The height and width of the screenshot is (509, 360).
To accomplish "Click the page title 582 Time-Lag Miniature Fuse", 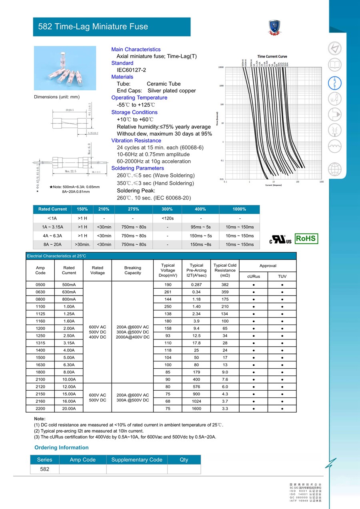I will click(93, 27).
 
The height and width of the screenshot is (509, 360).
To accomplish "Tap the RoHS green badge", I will click(306, 239).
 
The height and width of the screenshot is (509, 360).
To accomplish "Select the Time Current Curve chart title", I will click(272, 56).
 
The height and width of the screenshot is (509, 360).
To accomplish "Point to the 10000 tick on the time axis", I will click(220, 67).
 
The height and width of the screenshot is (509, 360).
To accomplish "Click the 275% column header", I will click(134, 209).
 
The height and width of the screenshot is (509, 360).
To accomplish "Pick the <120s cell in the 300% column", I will click(167, 218).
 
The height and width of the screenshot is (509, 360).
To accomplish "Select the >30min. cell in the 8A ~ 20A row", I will click(82, 244).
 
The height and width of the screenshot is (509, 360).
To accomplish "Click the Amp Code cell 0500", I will click(40, 285).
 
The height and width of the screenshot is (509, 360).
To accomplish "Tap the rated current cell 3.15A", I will click(69, 343).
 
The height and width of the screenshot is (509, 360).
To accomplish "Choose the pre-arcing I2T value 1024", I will click(196, 401).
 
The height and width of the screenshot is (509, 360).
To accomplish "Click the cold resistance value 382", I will click(225, 285).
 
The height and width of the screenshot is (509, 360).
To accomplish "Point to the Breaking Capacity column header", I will click(132, 270).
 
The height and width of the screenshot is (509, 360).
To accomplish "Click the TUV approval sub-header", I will click(282, 276).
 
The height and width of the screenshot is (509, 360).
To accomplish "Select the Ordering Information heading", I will click(61, 447).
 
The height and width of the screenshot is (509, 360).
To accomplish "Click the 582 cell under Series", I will click(45, 469).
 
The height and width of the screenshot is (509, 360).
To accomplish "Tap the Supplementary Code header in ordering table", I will click(137, 460).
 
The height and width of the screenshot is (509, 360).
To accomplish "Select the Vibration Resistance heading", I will click(136, 141).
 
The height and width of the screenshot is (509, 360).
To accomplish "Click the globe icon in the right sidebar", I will click(335, 169).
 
